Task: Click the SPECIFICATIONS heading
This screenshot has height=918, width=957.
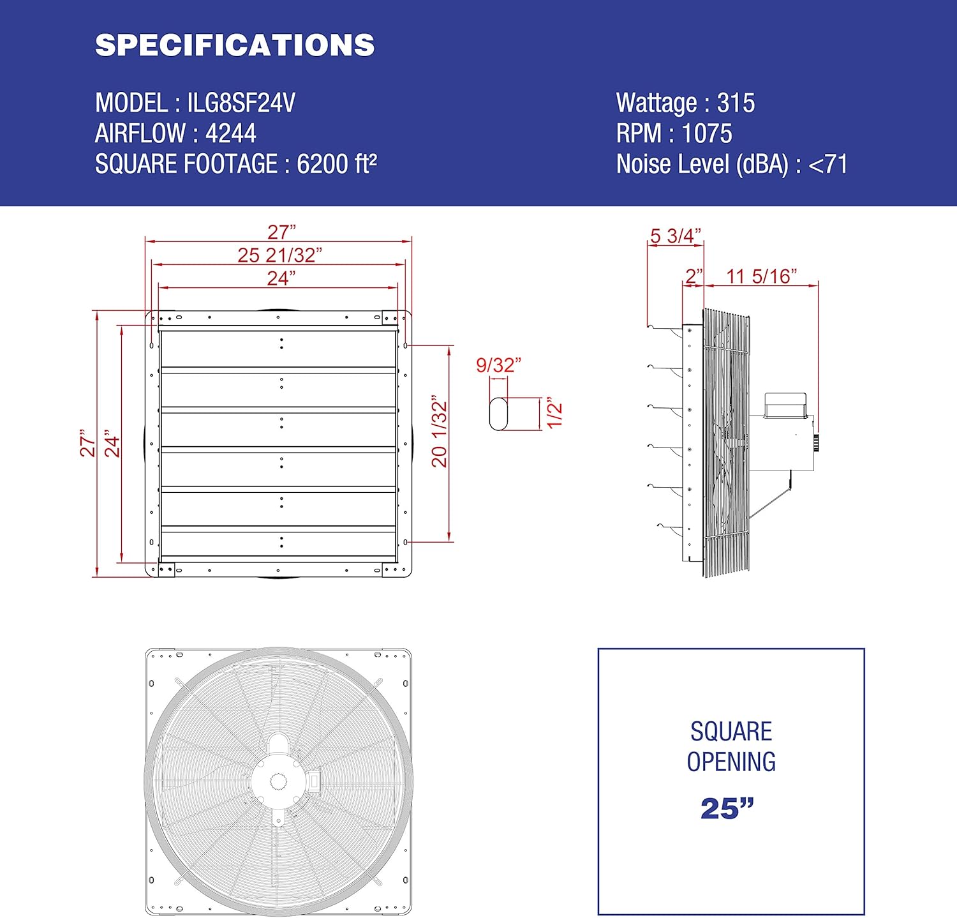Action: pos(235,45)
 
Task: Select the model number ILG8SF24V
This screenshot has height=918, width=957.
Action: pos(241,103)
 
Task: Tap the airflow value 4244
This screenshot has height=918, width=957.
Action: pos(230,133)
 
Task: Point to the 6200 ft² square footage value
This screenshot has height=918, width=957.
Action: pos(336,164)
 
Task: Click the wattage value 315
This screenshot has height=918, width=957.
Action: pos(736,103)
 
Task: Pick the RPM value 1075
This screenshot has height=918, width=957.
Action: pos(707,133)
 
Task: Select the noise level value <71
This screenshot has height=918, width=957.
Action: pos(827,164)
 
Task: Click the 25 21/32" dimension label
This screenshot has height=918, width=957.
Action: pos(279,255)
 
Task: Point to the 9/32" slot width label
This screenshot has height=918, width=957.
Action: pos(498,365)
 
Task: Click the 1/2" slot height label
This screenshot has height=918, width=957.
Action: pos(554,413)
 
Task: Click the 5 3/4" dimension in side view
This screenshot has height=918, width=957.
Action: pos(675,236)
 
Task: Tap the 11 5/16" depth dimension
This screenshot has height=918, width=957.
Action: pos(761,276)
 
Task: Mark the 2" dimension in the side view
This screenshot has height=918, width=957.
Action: pos(693,276)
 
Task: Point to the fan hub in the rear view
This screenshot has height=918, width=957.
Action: pos(280,781)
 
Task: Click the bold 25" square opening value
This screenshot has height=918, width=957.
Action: pos(727,809)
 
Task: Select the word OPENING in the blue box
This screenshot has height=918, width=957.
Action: pos(731,762)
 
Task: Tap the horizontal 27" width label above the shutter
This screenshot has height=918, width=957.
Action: pos(281,232)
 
